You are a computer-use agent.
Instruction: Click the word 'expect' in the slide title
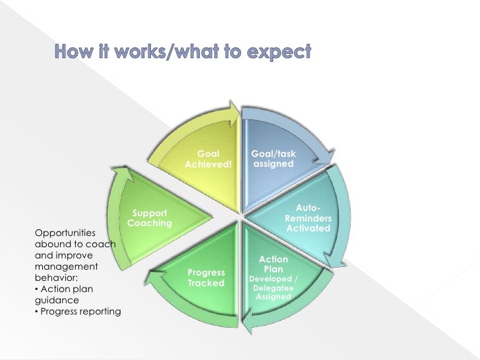276,51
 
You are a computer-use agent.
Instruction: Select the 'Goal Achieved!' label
208,159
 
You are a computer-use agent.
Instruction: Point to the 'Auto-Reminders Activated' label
308,218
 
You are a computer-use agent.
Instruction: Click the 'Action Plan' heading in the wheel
273,264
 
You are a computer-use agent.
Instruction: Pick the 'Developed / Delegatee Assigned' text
273,288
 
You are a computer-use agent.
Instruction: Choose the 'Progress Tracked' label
206,278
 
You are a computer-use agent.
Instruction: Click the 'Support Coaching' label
150,218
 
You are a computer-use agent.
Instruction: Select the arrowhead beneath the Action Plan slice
249,323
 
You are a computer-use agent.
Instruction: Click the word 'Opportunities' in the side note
65,233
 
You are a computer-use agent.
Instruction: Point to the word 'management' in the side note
66,266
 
